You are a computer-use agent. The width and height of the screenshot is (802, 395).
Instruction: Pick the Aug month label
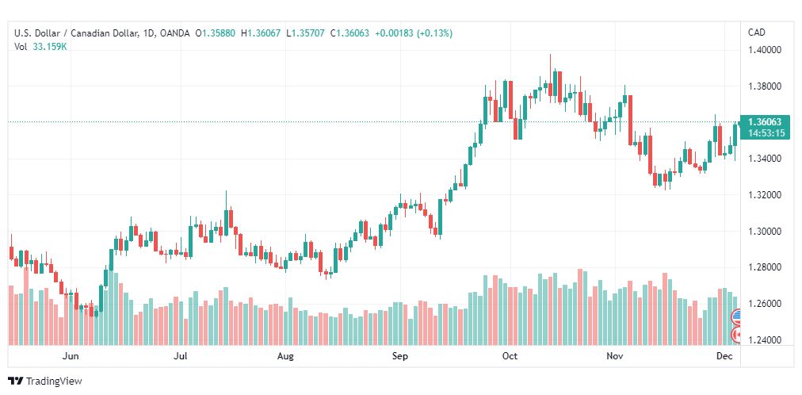click(285, 356)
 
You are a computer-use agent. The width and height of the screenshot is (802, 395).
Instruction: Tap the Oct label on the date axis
click(510, 356)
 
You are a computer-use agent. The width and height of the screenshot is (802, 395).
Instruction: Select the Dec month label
click(724, 356)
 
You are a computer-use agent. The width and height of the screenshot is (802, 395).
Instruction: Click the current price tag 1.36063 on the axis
click(764, 122)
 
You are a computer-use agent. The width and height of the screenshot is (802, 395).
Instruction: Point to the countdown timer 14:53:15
click(764, 133)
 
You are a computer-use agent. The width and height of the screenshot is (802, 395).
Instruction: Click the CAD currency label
click(757, 33)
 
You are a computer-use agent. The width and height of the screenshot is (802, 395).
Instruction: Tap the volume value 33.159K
click(51, 47)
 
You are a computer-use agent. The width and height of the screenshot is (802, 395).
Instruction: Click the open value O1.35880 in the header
click(216, 33)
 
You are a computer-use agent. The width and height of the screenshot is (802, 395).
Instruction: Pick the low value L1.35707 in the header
click(305, 33)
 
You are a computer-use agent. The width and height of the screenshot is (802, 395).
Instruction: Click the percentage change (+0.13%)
click(435, 33)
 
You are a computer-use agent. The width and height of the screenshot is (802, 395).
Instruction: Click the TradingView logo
click(45, 382)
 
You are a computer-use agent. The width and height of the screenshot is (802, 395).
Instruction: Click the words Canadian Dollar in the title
click(105, 33)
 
